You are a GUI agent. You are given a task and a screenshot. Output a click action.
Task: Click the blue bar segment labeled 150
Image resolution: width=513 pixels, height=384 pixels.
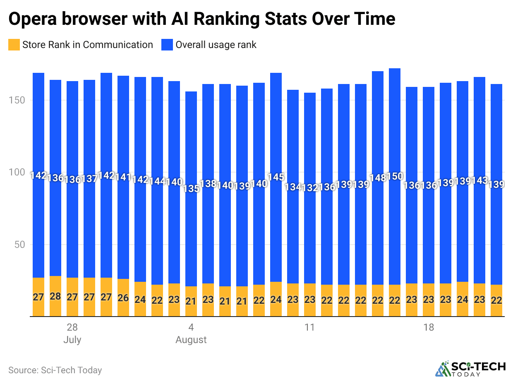(x=395, y=124)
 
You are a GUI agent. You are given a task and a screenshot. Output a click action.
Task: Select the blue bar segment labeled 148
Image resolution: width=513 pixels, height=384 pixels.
(x=378, y=124)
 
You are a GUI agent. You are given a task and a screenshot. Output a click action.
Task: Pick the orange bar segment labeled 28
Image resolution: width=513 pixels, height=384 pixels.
(x=55, y=296)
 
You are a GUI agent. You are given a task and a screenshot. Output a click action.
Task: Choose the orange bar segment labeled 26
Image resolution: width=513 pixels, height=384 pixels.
(x=123, y=298)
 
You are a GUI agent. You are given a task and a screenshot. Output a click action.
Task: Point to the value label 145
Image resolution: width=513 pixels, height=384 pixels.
(x=276, y=177)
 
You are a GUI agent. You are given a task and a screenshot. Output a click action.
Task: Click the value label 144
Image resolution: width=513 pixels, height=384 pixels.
(x=157, y=181)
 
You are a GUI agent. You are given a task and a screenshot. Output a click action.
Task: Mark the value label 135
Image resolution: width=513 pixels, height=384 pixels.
(x=191, y=189)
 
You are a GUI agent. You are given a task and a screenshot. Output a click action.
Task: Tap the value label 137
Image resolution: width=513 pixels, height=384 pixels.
(x=89, y=179)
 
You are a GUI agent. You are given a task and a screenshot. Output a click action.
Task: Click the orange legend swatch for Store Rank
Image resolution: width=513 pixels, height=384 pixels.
(x=14, y=45)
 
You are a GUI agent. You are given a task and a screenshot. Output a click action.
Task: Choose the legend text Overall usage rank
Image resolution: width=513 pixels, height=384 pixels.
(x=216, y=45)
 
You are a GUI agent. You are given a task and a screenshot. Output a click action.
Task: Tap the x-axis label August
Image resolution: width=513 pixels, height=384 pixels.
(x=191, y=340)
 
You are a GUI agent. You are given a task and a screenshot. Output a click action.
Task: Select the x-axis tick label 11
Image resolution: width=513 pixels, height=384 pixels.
(x=310, y=328)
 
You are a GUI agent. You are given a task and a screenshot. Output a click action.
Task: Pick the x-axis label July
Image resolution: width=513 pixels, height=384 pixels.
(x=72, y=340)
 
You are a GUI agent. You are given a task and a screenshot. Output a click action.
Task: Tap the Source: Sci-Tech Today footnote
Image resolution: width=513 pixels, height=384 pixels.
(x=55, y=370)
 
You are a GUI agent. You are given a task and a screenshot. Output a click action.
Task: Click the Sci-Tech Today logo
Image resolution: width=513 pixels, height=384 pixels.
(x=470, y=369)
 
